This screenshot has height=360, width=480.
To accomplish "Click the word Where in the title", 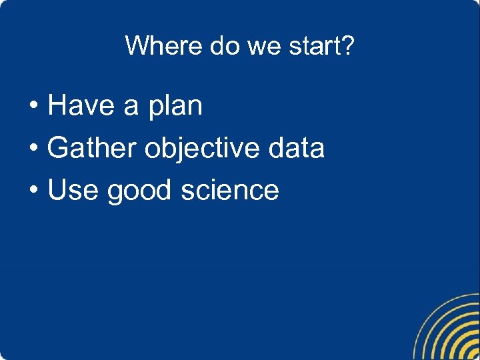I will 163,46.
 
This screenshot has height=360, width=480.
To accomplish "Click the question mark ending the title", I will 348,46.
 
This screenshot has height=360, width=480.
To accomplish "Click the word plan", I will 175,107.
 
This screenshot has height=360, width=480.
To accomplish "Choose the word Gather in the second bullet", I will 92,148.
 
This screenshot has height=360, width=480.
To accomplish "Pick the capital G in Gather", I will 58,148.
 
